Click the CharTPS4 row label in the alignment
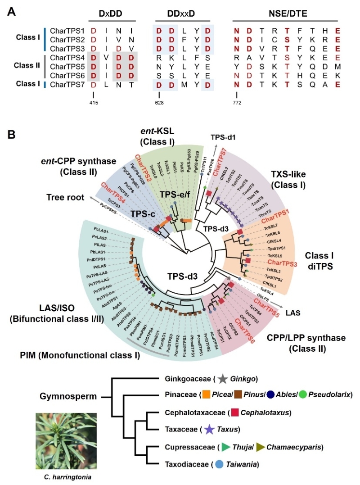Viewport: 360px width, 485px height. tap(65, 58)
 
